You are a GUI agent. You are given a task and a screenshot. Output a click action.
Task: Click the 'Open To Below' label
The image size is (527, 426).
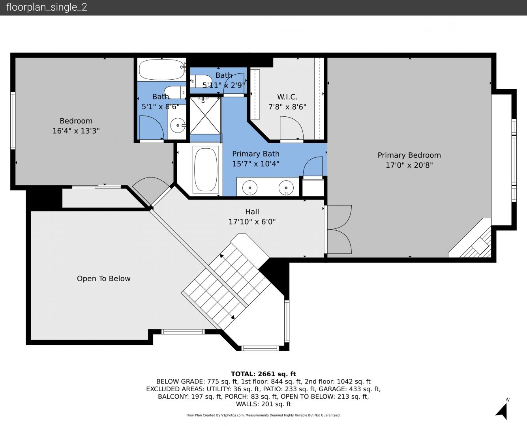point(104,278)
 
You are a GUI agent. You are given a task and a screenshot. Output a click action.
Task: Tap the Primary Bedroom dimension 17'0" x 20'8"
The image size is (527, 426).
point(409,165)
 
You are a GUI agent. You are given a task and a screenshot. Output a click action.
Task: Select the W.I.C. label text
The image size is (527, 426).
point(287,97)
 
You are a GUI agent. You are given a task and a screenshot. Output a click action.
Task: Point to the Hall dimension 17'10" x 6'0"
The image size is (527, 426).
point(252,222)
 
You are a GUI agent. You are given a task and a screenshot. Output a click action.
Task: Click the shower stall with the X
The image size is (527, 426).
point(205,116)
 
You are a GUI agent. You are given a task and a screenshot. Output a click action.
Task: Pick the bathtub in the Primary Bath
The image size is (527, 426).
point(205,170)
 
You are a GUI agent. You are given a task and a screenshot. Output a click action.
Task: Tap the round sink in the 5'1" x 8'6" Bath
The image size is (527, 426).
point(178,125)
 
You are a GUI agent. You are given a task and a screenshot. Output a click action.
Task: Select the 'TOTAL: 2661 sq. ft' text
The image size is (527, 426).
point(263,374)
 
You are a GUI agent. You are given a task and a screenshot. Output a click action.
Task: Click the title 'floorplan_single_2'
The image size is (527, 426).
point(47,7)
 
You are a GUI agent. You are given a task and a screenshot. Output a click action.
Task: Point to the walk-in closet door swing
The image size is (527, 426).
point(292,128)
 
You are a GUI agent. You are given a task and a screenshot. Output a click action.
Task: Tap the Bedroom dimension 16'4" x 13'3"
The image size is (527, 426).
point(76,131)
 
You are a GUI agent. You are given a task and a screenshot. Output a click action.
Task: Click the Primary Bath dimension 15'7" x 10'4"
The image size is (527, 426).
point(256,164)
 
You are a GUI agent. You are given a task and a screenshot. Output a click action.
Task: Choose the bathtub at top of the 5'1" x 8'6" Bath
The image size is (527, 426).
point(162,69)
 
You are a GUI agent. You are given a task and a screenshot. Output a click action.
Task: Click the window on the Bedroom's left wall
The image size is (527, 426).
point(13,121)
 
